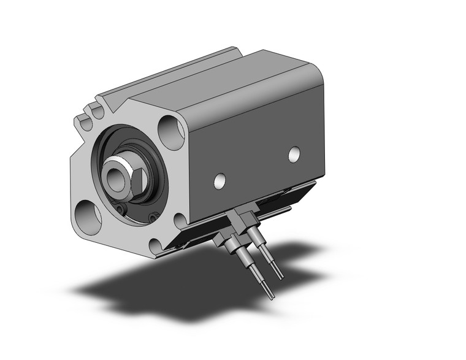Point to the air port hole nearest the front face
click(x=219, y=180)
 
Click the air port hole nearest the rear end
click(x=294, y=154)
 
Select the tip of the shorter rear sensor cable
click(x=281, y=278)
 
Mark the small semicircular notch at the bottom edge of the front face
click(x=155, y=247)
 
